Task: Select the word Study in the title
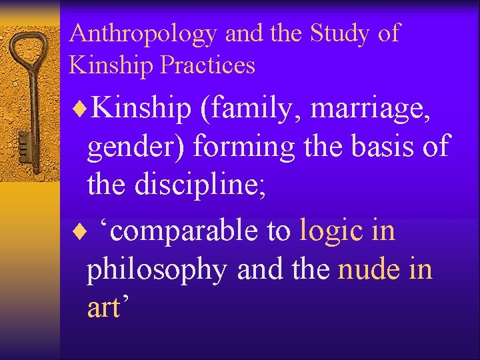point(339,33)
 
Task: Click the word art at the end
point(105,307)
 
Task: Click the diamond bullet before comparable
point(83,231)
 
